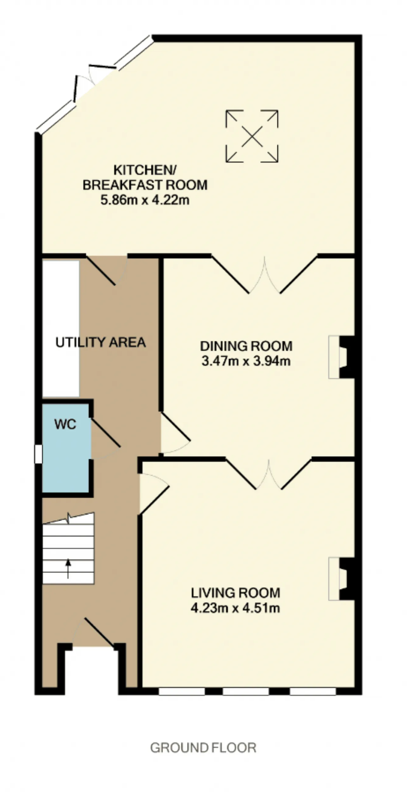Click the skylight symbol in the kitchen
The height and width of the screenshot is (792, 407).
(252, 136)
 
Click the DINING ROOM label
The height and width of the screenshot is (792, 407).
(246, 346)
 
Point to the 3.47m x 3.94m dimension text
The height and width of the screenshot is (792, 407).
(246, 361)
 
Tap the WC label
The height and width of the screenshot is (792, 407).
(66, 424)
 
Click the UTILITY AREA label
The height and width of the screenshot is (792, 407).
(101, 342)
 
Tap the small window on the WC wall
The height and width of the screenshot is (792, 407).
(38, 454)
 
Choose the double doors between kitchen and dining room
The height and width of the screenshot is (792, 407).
(265, 274)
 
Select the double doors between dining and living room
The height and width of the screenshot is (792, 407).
(269, 474)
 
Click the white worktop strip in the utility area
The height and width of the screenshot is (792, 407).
(61, 329)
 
